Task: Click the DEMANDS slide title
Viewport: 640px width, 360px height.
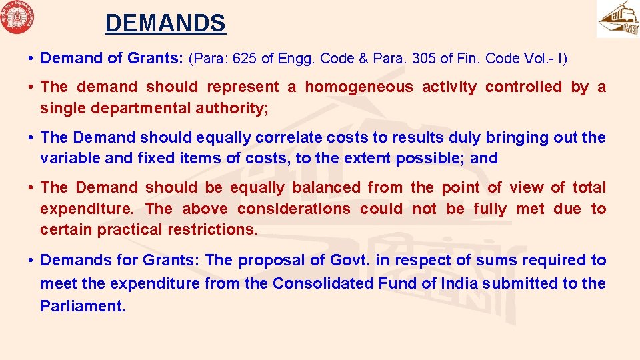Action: point(165,24)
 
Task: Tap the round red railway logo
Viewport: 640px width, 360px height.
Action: point(18,17)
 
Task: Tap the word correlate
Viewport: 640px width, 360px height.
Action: point(289,138)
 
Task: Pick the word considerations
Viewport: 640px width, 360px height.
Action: point(293,209)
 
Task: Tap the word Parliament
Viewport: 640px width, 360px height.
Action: point(83,307)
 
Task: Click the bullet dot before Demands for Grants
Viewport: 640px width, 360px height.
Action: point(32,261)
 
